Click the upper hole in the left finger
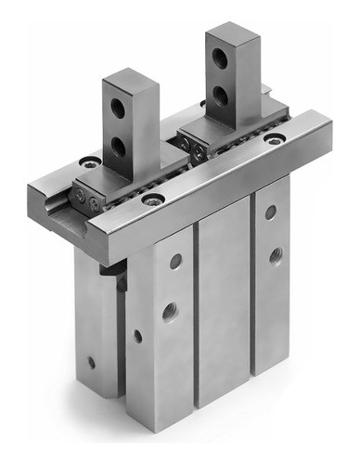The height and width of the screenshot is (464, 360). (x=119, y=108)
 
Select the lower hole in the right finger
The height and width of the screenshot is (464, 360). (x=222, y=93)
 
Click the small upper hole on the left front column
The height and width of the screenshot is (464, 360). (x=174, y=263)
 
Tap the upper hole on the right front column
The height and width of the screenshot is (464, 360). (x=270, y=213)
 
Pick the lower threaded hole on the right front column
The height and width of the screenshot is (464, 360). (x=275, y=253)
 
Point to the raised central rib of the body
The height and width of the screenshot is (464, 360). (x=223, y=306)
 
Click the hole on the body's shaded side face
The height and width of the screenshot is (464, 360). (x=137, y=336)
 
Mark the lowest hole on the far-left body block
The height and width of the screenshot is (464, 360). (x=91, y=361)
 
